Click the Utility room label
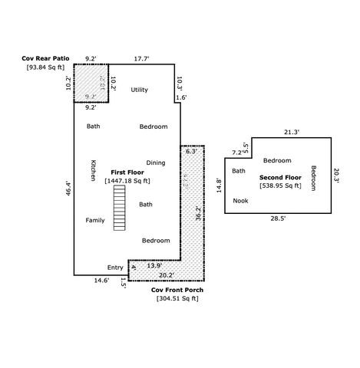(x=139, y=90)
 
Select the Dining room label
(x=156, y=163)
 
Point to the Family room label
(x=95, y=220)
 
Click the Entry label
(x=115, y=268)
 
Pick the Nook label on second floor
(x=241, y=201)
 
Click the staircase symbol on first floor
(x=118, y=207)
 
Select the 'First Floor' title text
(x=127, y=172)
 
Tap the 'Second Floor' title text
(x=279, y=177)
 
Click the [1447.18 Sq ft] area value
(x=127, y=181)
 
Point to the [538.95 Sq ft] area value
(x=280, y=186)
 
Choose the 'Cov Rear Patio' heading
(x=44, y=58)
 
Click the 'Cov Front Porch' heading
(x=177, y=290)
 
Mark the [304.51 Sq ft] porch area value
(x=177, y=298)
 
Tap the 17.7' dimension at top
(x=141, y=58)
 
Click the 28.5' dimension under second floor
(x=277, y=218)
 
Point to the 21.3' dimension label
(x=291, y=132)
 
